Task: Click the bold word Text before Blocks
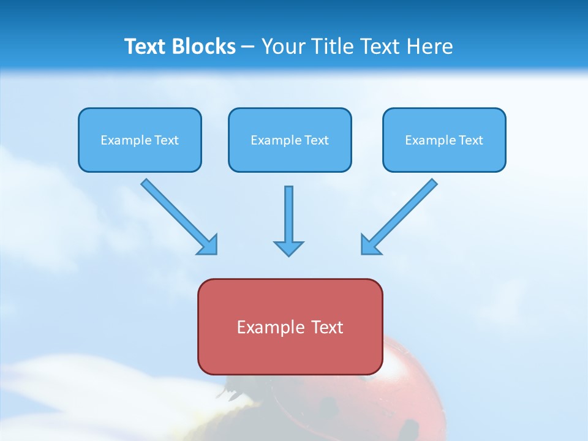[x=148, y=47]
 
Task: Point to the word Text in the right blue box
[x=471, y=140]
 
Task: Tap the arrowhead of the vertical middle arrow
[x=288, y=248]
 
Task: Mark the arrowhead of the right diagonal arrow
[x=370, y=245]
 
